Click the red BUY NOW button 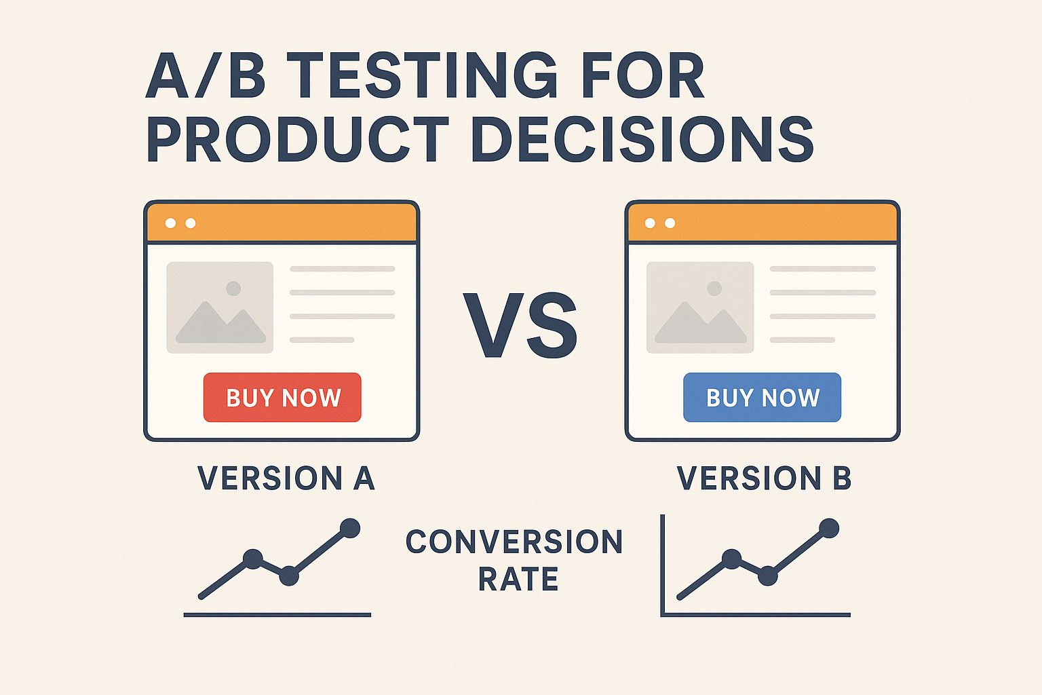[282, 397]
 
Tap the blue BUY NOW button [762, 397]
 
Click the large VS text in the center [520, 325]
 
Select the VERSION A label [286, 478]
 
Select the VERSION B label [765, 478]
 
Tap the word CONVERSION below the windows [514, 542]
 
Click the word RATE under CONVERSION [518, 579]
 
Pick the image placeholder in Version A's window [220, 307]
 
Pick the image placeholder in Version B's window [700, 307]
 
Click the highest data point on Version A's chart [350, 528]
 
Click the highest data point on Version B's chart [829, 528]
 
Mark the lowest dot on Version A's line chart [289, 576]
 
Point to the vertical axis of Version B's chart [662, 565]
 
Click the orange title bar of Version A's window [282, 223]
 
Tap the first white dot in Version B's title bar [650, 223]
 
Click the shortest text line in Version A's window [322, 340]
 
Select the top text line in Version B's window [823, 269]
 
